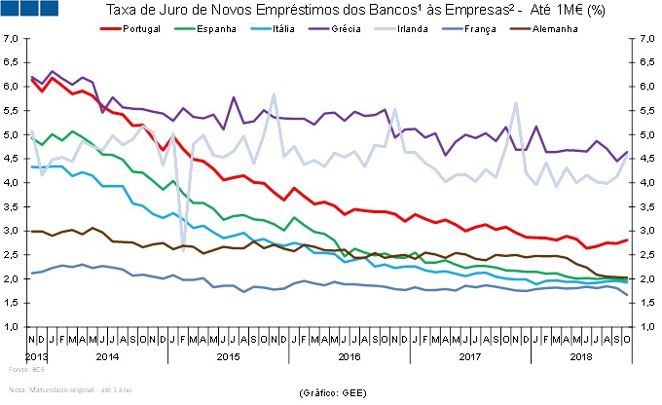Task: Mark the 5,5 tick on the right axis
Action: [647, 111]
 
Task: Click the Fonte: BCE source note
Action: [24, 371]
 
